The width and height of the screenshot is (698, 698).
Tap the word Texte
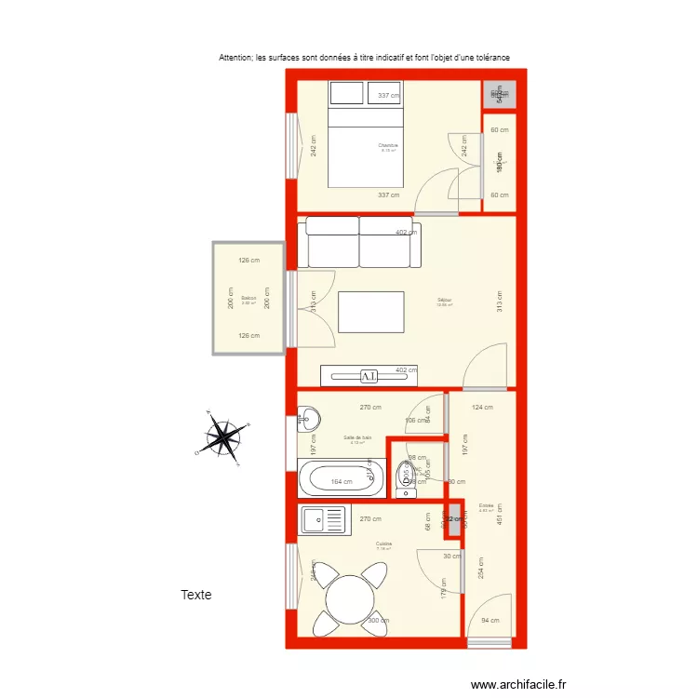click(x=196, y=595)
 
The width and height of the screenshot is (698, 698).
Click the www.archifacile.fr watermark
click(x=518, y=684)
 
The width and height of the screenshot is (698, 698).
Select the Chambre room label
click(x=388, y=146)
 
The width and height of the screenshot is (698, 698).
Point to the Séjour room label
click(x=445, y=301)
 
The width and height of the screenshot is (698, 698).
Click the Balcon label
click(x=248, y=299)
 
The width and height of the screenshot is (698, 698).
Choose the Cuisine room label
click(x=383, y=544)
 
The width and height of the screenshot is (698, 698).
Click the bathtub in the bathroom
click(x=342, y=480)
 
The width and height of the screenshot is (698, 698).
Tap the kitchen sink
click(x=322, y=519)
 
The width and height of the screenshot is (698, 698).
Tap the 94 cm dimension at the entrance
click(x=490, y=621)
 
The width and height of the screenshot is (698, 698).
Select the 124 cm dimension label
click(x=482, y=407)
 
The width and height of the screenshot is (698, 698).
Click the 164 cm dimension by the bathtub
click(x=342, y=482)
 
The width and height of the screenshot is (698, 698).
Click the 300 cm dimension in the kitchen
click(x=378, y=621)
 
